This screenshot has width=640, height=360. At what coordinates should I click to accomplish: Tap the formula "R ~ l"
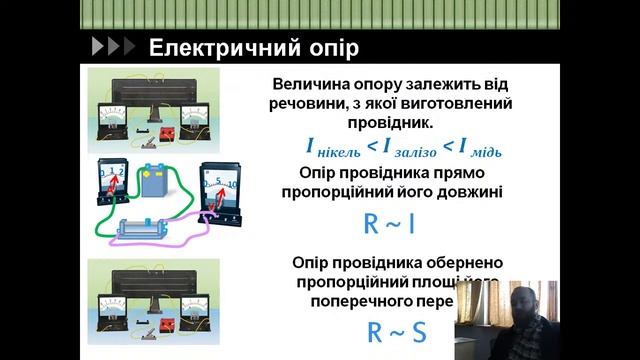coord(386,223)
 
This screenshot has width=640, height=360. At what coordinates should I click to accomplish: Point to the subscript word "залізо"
coord(417,152)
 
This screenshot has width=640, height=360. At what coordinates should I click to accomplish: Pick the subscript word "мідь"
coord(486,152)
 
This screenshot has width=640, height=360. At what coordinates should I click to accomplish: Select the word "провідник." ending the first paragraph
coord(385,123)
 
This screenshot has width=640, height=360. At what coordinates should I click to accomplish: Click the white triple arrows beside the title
coord(112,47)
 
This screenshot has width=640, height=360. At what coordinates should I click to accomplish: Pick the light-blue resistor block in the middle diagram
coord(149,228)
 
